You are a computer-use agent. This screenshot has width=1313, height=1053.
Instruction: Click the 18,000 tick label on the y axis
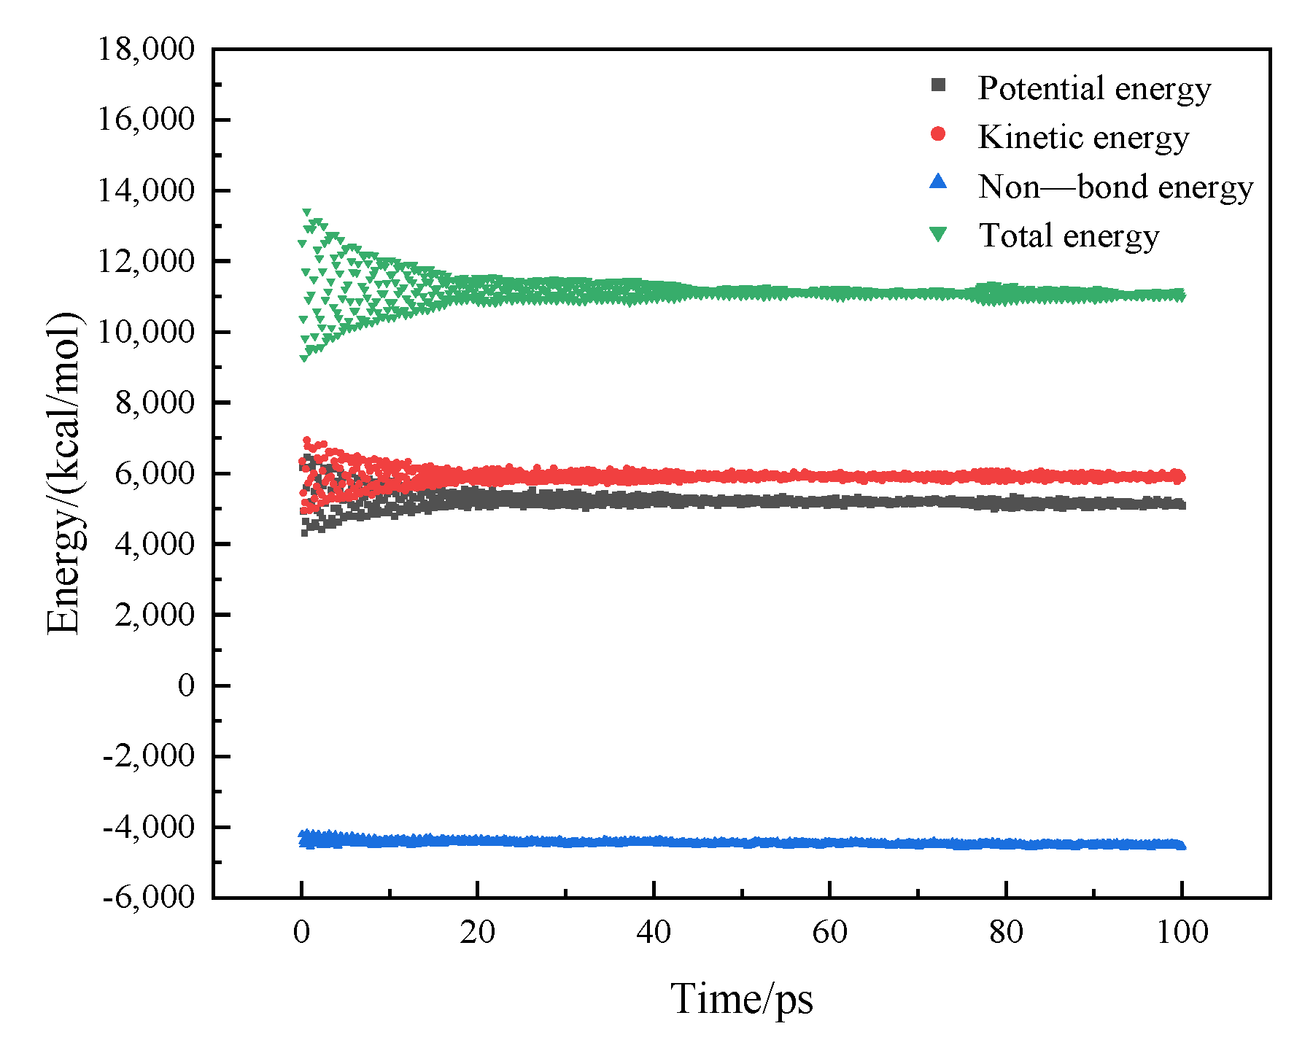click(147, 50)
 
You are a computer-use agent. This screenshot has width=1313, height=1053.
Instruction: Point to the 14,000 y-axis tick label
click(147, 191)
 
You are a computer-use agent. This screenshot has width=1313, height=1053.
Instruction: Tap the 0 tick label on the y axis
click(186, 685)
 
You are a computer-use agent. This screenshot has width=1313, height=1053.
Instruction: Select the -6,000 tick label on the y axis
click(150, 897)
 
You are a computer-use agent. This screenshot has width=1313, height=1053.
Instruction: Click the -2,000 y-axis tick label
click(150, 755)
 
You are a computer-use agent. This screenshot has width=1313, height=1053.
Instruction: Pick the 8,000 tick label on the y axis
click(155, 403)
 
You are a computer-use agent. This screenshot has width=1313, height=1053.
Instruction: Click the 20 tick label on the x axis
click(477, 932)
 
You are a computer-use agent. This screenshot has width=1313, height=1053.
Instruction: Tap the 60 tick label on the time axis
click(829, 932)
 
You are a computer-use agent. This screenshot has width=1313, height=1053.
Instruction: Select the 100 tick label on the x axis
click(1182, 932)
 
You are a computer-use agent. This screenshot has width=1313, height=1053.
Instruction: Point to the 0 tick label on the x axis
click(301, 932)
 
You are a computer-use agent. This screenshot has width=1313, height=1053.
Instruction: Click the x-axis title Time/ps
click(741, 999)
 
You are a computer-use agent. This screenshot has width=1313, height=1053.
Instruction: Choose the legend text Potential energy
click(1094, 88)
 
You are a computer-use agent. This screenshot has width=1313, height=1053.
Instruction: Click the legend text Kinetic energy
click(1083, 137)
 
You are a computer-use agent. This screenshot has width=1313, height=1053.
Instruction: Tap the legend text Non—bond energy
click(1115, 187)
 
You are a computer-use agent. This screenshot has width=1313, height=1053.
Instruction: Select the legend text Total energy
click(1069, 236)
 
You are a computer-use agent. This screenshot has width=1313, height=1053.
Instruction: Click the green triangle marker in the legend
click(939, 234)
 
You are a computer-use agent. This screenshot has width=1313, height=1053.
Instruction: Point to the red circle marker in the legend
click(939, 134)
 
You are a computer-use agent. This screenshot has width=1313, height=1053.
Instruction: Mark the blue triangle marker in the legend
click(939, 182)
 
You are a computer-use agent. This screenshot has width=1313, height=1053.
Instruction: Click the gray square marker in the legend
click(939, 85)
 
